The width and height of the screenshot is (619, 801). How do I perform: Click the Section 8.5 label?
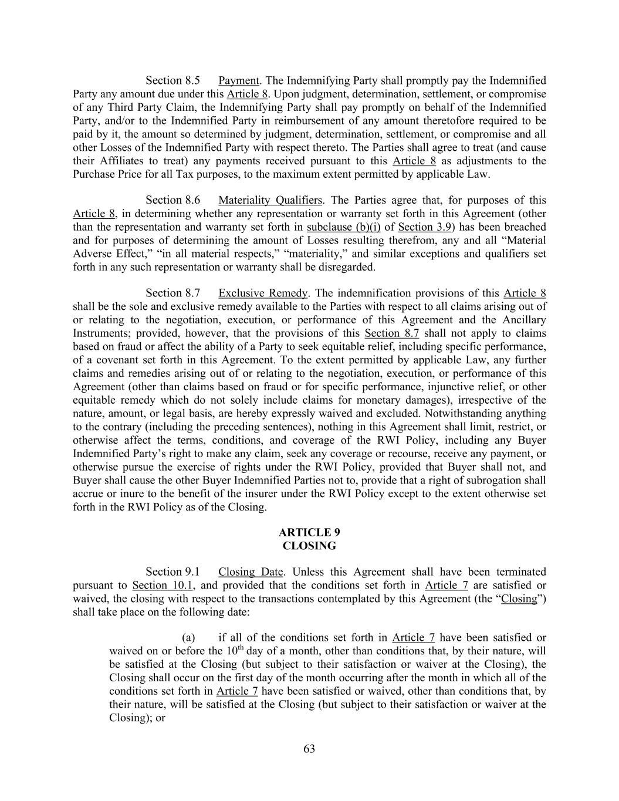coord(172,80)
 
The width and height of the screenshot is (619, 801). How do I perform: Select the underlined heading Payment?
coord(239,80)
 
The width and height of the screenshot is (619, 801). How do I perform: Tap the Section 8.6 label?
coord(172,201)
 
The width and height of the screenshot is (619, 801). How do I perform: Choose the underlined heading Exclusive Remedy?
coord(263,293)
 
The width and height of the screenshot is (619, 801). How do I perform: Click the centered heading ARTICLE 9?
coord(309,533)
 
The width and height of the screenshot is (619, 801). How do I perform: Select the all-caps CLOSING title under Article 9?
coord(309,546)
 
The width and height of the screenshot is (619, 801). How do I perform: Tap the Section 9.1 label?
coord(172,572)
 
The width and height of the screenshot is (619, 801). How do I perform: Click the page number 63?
coord(309,749)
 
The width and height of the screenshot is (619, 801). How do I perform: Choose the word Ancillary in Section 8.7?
coord(524,320)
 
